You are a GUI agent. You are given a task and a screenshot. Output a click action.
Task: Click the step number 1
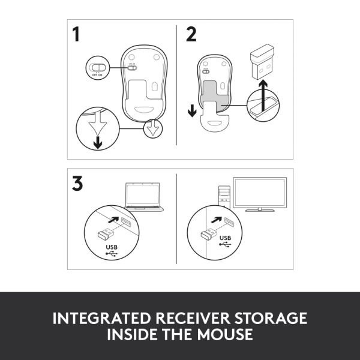77,35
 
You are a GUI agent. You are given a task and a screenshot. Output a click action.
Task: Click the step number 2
191,34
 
